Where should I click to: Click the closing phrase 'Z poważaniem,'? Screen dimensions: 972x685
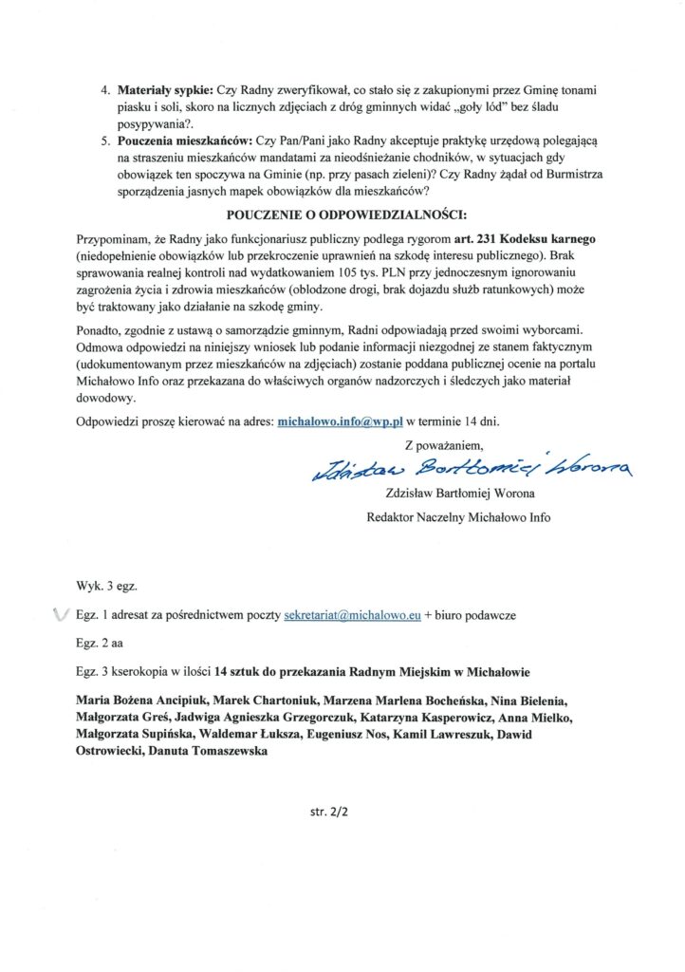click(x=444, y=443)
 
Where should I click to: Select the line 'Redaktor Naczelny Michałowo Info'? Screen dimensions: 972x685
click(x=458, y=517)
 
